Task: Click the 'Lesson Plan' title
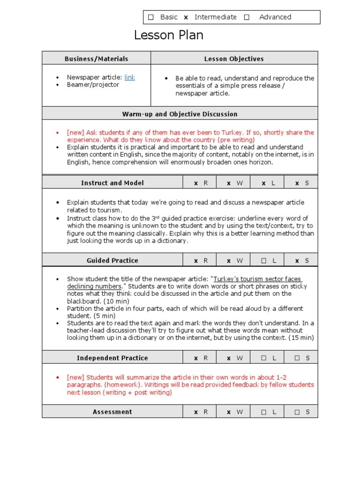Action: tap(169, 35)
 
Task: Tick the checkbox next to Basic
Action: tap(151, 17)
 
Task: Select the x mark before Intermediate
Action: tap(186, 17)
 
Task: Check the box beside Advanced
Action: tap(247, 17)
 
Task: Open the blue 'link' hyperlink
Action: tap(130, 77)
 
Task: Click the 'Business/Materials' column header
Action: tap(96, 59)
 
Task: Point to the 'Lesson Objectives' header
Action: tap(234, 59)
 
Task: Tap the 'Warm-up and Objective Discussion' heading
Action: tap(180, 114)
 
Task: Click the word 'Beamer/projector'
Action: tap(93, 85)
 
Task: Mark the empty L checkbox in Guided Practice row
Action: tap(264, 260)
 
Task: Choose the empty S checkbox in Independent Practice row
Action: tap(298, 358)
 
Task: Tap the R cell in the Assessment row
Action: tap(200, 412)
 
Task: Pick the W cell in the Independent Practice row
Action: tap(234, 358)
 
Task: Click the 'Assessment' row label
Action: tap(112, 412)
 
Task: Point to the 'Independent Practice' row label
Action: tap(112, 358)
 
